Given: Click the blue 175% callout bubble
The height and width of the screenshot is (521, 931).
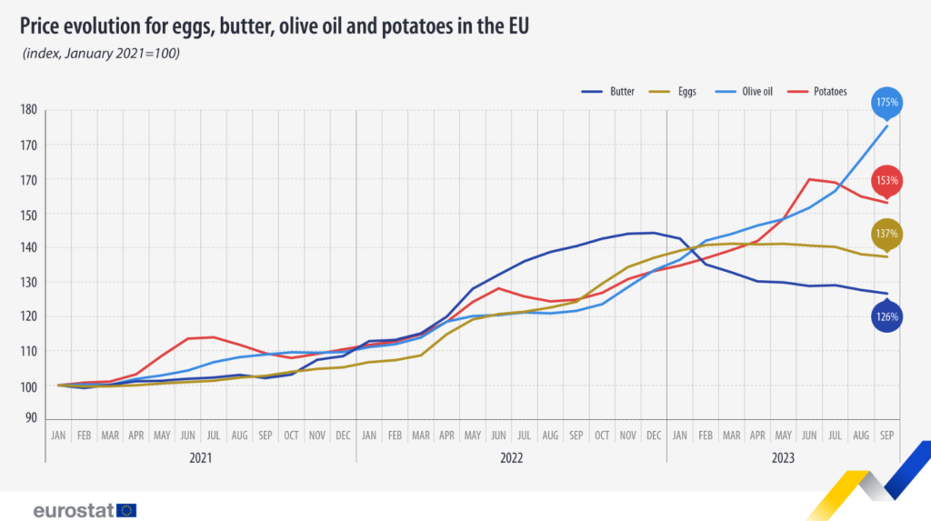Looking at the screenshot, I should click(886, 103).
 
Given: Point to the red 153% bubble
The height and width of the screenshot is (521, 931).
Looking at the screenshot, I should click(886, 180).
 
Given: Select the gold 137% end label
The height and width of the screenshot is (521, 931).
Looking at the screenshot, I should click(886, 234).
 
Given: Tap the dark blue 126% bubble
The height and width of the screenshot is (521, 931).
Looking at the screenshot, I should click(886, 317).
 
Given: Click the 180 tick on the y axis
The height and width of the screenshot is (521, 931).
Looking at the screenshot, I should click(28, 110).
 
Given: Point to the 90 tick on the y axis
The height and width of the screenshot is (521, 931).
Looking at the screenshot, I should click(31, 419).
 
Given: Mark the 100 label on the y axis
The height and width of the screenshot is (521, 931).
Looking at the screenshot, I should click(28, 386).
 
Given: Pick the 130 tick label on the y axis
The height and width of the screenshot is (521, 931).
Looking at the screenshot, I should click(28, 283).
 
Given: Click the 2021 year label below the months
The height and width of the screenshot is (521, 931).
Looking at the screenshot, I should click(201, 458).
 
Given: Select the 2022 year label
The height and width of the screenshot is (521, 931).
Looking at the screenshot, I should click(511, 458).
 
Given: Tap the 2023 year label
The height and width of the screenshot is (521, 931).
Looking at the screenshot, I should click(782, 458).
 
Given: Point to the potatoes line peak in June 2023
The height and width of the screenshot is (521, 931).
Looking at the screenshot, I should click(809, 179).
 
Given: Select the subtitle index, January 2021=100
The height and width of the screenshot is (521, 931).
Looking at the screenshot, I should click(101, 54).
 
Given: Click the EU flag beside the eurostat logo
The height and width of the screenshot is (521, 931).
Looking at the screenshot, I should click(126, 510).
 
